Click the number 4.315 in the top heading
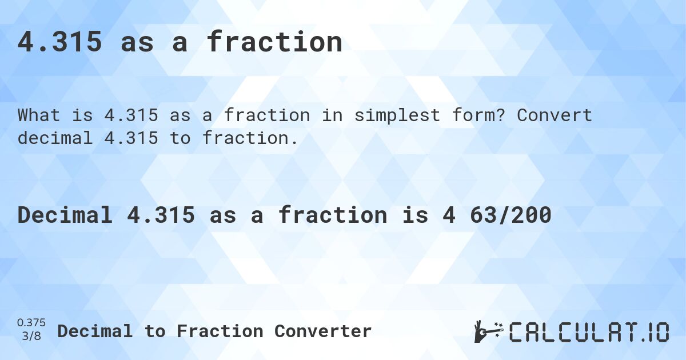(x=60, y=42)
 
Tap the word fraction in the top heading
(x=274, y=42)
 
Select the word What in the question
(x=39, y=115)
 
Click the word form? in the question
(x=480, y=115)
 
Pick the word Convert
(x=555, y=115)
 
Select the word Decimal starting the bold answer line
(x=65, y=215)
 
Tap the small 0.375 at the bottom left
(x=32, y=323)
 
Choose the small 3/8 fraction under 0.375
(x=32, y=336)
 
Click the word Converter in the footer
(x=323, y=331)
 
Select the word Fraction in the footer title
(x=221, y=331)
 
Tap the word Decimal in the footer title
(x=95, y=331)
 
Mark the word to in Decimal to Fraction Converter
(x=154, y=331)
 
